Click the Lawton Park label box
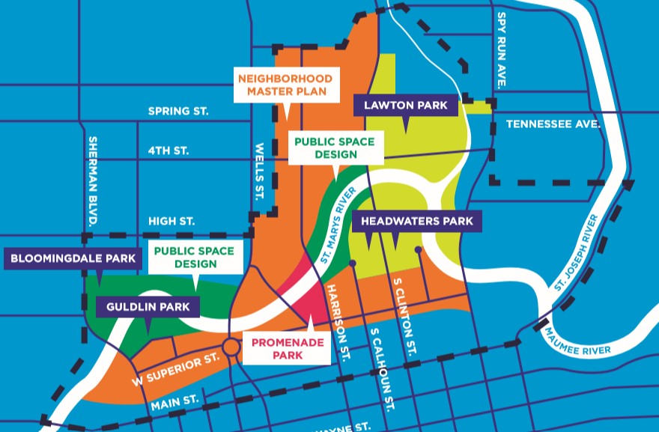click(405, 106)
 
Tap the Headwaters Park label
click(416, 221)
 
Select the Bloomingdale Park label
click(73, 260)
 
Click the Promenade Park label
click(288, 348)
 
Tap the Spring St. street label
click(177, 111)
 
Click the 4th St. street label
click(168, 150)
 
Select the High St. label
click(171, 222)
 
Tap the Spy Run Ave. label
click(501, 49)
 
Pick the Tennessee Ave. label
click(553, 124)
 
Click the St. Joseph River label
click(577, 254)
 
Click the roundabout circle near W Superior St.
click(230, 347)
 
